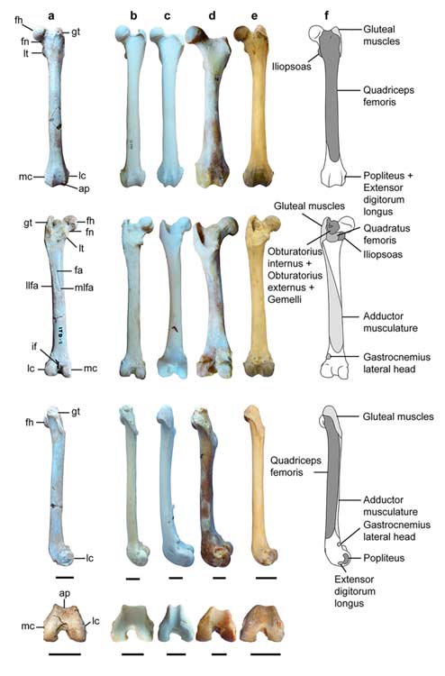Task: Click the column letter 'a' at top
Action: coord(51,16)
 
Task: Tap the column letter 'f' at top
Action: coord(326,15)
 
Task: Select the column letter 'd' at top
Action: coord(212,16)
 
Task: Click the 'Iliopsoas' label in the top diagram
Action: coord(291,67)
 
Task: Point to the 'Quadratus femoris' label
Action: coord(386,234)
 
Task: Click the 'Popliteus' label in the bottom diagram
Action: coord(384,558)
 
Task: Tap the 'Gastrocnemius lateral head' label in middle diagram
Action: coord(396,363)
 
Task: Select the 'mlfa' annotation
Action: coord(84,288)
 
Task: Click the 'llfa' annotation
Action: coord(32,286)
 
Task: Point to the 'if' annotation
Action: coord(34,346)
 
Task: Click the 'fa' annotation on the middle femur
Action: coord(78,270)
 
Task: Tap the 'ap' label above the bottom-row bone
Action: coord(65,594)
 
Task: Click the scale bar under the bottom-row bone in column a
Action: coord(65,654)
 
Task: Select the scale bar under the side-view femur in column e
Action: coord(266,578)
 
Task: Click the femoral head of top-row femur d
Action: coord(194,34)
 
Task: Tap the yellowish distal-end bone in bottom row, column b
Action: coord(132,624)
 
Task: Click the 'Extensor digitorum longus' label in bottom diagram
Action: coord(354,591)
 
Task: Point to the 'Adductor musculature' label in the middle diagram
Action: coord(390,322)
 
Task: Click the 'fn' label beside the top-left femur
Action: coord(25,41)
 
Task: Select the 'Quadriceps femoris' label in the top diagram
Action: coord(388,96)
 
